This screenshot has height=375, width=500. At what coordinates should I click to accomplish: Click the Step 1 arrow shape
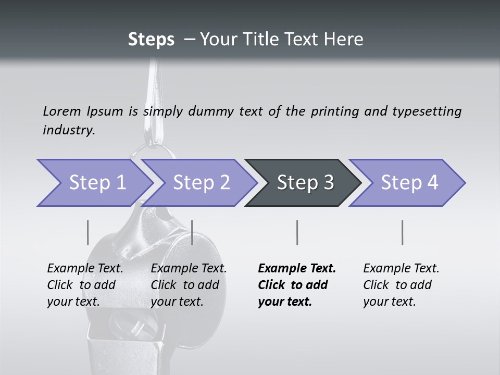click(x=94, y=183)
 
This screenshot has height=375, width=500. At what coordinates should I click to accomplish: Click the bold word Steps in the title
click(x=151, y=39)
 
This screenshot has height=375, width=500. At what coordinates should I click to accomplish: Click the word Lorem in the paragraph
click(x=61, y=111)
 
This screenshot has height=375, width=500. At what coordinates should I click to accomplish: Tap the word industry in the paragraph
click(x=69, y=130)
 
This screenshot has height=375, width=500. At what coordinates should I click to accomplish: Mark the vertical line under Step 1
click(x=87, y=232)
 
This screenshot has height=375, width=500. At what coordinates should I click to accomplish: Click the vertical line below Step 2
click(x=192, y=232)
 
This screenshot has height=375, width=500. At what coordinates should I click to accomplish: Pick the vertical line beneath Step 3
click(x=297, y=232)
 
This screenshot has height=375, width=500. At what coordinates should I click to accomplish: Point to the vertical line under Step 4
click(x=402, y=232)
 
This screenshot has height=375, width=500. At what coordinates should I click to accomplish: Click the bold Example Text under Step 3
click(x=297, y=285)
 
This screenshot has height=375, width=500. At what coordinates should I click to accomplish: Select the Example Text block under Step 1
click(x=85, y=285)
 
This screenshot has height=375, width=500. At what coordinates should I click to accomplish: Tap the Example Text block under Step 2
click(x=189, y=285)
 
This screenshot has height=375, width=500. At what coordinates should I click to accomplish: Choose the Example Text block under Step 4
click(x=401, y=285)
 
